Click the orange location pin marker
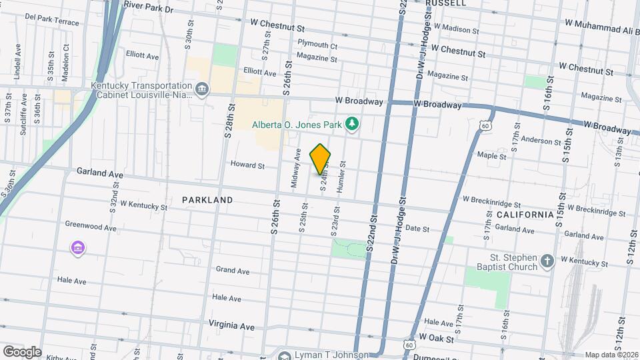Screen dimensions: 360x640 tap(321, 159)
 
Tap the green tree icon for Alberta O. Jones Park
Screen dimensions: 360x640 tap(351, 123)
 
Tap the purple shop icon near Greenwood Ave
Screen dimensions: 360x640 tap(78, 249)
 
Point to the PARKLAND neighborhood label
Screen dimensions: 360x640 tap(207, 200)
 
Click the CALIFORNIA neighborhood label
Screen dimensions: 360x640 tap(525, 215)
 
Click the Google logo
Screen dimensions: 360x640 tap(21, 351)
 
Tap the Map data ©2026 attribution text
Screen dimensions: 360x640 tap(611, 355)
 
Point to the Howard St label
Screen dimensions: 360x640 tap(247, 165)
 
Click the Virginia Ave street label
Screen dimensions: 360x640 tap(231, 327)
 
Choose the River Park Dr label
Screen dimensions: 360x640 tap(148, 9)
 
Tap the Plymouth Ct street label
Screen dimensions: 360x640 tap(318, 46)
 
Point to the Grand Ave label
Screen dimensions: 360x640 tap(232, 271)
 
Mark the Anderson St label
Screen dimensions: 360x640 tap(541, 141)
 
